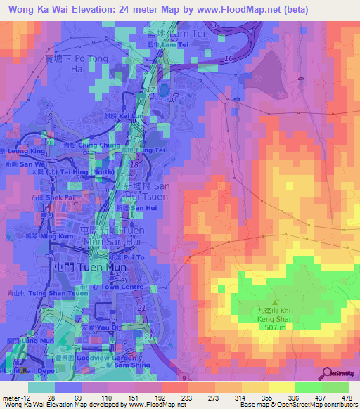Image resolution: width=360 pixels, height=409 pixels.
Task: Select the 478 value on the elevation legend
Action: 345,397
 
